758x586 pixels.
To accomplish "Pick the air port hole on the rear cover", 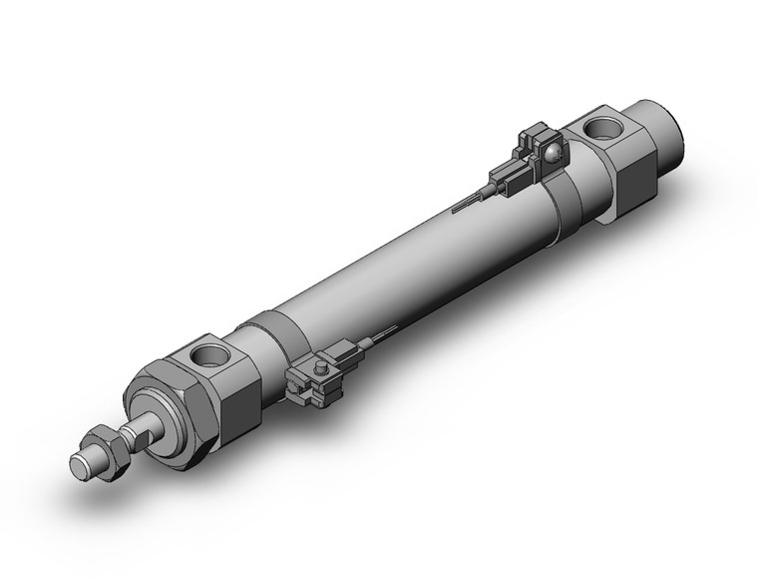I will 601,129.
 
